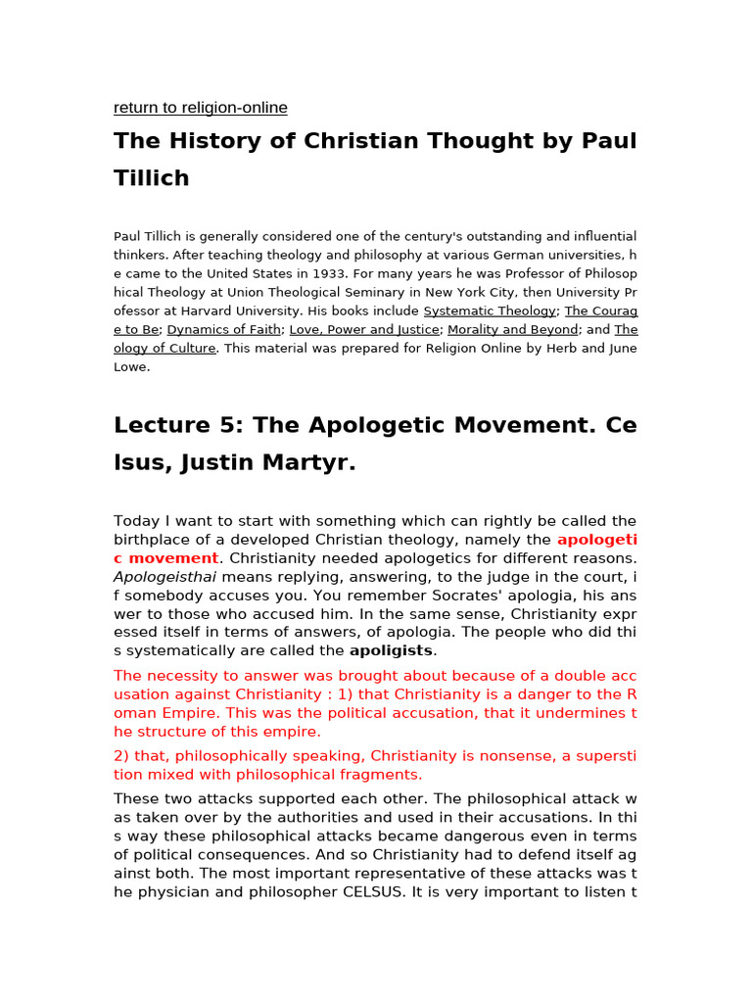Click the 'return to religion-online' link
(x=201, y=108)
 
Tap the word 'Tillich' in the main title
(x=152, y=178)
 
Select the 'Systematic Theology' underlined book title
(x=490, y=311)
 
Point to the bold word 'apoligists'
(x=392, y=650)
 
